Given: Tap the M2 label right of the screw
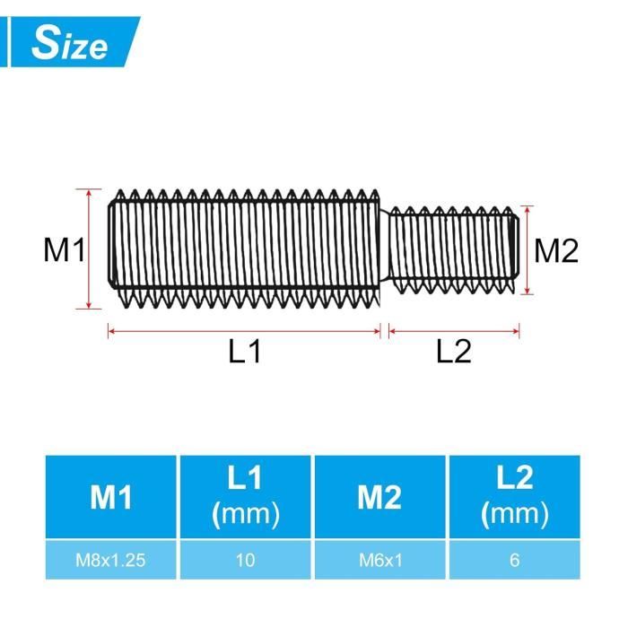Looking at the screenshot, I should [556, 251].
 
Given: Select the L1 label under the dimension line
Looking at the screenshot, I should [244, 353].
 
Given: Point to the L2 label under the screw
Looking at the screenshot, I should [454, 353].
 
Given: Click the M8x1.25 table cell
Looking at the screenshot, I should [112, 561].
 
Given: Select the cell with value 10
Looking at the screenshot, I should [246, 561].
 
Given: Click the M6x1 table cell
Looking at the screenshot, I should [379, 561].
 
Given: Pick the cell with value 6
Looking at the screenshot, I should [514, 561].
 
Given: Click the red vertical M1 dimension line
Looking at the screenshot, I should [90, 249].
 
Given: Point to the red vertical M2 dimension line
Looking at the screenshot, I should [529, 250].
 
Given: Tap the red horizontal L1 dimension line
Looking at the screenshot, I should [244, 331].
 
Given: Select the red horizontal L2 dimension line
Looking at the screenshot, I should [454, 331].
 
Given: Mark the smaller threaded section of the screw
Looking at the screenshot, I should [453, 250].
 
